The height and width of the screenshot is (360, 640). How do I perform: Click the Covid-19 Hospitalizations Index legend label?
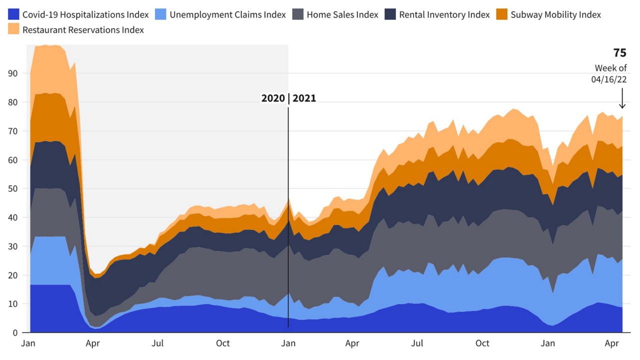[85, 14]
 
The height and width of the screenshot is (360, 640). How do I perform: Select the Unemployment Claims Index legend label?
[227, 14]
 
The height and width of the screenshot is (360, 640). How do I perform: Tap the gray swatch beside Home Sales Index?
[297, 14]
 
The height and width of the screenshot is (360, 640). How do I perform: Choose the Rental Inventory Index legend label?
[444, 14]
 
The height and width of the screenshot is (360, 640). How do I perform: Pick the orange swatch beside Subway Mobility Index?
[501, 14]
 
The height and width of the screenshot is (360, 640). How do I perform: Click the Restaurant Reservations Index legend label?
[83, 30]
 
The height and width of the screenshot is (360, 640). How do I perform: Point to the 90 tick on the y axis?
[12, 73]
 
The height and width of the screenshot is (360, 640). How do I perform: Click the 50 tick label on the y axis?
[12, 189]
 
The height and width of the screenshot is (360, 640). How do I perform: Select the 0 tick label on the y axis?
[15, 333]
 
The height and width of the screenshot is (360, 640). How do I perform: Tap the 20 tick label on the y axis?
[12, 275]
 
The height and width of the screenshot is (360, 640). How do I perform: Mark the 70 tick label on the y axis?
[12, 131]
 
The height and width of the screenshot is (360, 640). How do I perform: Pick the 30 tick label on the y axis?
[12, 246]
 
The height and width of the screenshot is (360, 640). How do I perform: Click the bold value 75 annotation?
[619, 53]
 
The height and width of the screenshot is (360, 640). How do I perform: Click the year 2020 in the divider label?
[273, 98]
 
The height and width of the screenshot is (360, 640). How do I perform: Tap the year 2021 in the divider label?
[304, 98]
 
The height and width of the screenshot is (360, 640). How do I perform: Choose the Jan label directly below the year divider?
[288, 343]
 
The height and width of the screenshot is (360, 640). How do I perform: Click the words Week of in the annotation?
[610, 68]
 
